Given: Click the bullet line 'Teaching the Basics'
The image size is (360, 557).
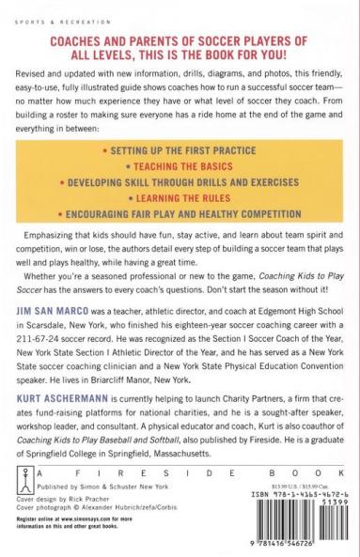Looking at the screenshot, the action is point(180,162).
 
